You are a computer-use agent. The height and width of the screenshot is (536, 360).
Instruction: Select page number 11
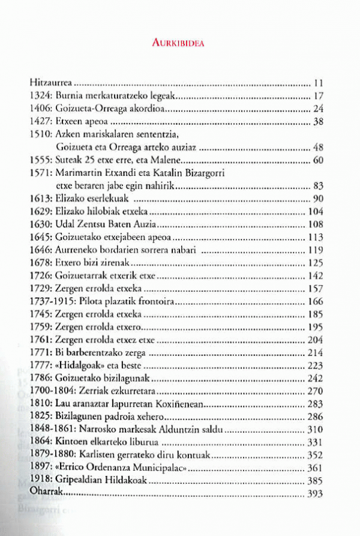point(319,82)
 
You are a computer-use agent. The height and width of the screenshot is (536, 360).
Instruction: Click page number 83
point(318,187)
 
